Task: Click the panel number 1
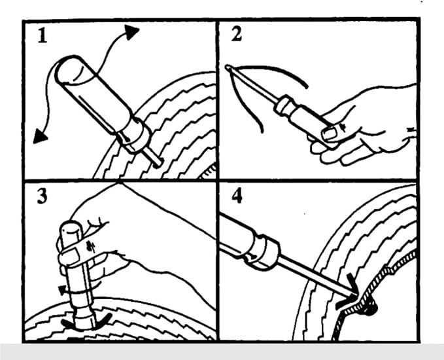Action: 43,35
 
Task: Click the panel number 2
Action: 237,35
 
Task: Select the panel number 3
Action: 43,196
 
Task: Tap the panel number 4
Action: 237,196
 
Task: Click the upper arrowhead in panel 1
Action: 131,32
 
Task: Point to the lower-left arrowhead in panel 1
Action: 40,136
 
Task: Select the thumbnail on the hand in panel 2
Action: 329,134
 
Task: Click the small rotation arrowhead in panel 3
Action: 61,290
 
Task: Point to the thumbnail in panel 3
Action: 72,254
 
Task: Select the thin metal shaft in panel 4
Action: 315,276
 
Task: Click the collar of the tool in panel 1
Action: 135,136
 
